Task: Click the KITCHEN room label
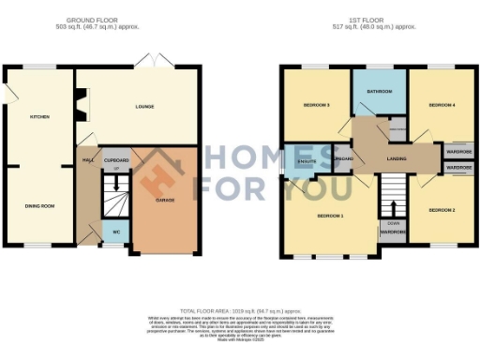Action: (x=39, y=117)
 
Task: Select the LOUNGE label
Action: (x=143, y=107)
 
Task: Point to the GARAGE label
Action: (x=165, y=199)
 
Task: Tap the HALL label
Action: (x=88, y=160)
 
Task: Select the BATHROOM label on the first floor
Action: (x=379, y=92)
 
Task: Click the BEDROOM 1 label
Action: (x=330, y=217)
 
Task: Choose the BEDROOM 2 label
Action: (x=442, y=211)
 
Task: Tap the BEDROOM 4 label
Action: (x=442, y=106)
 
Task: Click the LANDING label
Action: (x=397, y=159)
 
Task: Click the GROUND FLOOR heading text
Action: (x=92, y=20)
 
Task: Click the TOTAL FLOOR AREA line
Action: (x=239, y=310)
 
